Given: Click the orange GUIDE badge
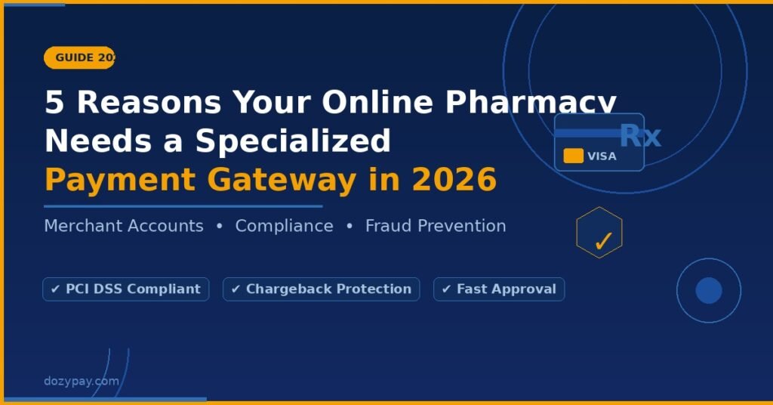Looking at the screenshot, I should [x=80, y=57].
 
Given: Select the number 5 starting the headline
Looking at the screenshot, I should [x=54, y=102].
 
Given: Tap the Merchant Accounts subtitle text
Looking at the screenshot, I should [x=124, y=226].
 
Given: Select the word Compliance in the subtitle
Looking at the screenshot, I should [x=284, y=226].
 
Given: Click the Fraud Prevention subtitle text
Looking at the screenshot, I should [x=436, y=226].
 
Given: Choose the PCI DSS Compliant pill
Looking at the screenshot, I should [x=126, y=289].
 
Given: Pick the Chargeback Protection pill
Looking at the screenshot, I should [x=321, y=289].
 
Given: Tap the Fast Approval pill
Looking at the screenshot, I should [x=499, y=289].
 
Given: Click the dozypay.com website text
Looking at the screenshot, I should [x=82, y=381].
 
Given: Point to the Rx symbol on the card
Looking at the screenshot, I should [x=640, y=136].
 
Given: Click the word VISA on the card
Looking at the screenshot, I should [x=602, y=156].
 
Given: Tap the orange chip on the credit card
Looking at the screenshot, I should [x=574, y=156].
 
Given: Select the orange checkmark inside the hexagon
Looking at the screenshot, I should [x=602, y=242].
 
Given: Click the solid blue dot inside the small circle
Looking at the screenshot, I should [x=708, y=291].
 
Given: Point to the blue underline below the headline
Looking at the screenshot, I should [x=183, y=206].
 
